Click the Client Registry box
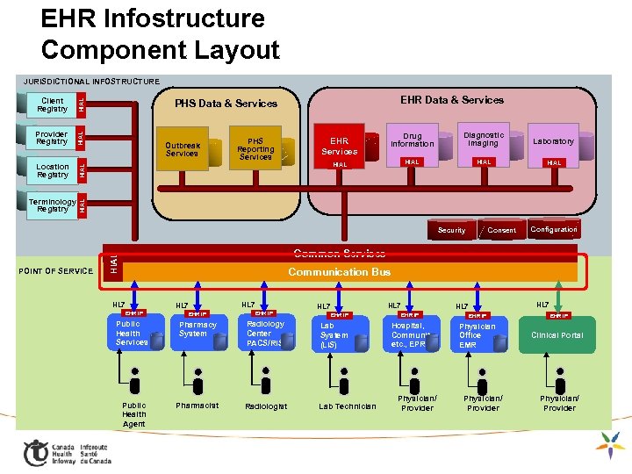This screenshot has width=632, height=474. tap(52, 104)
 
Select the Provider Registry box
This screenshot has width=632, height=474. tap(52, 138)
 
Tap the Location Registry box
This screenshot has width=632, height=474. tap(52, 170)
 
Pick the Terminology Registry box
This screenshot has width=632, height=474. tap(52, 205)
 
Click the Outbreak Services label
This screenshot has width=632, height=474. tap(183, 149)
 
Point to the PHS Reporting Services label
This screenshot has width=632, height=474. tap(255, 148)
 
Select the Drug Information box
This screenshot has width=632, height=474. tap(412, 140)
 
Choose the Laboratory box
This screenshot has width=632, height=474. tap(553, 140)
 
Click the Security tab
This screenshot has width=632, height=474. tap(451, 230)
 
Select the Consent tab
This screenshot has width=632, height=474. tap(501, 230)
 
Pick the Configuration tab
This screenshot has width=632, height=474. tap(554, 229)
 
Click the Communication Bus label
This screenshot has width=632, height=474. tap(340, 272)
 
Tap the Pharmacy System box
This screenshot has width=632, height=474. tap(197, 330)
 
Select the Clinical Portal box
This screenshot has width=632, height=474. tap(557, 335)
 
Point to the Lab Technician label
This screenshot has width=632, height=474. tap(347, 406)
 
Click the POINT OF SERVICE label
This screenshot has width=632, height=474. tap(55, 270)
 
